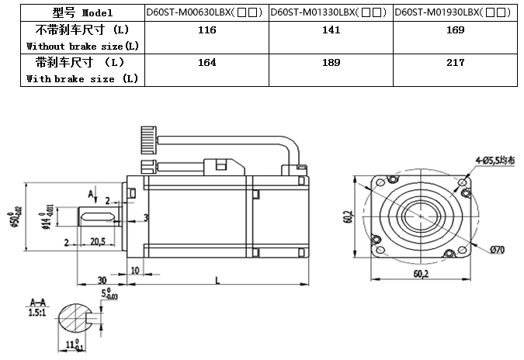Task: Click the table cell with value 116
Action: tap(206, 30)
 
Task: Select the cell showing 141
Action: tap(331, 30)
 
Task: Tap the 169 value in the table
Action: tap(456, 30)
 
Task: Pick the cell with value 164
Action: tap(206, 63)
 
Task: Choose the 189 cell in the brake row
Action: tap(331, 63)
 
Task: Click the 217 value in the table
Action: tap(456, 63)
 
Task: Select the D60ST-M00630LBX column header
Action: tap(206, 12)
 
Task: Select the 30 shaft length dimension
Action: tap(101, 280)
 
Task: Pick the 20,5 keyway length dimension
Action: tap(98, 242)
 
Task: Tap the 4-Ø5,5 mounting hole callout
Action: tap(495, 161)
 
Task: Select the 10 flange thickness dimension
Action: tap(135, 269)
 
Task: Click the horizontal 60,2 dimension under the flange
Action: tap(421, 273)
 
